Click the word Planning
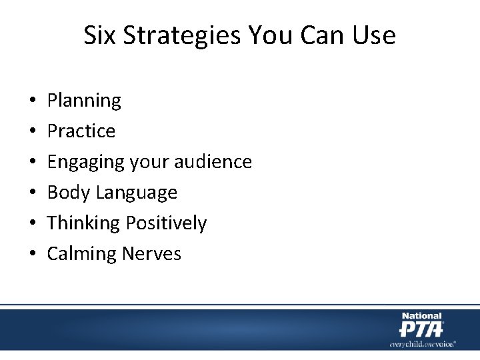(84, 101)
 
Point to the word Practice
(81, 131)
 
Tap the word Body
(69, 193)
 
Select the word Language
(137, 193)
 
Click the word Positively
(167, 223)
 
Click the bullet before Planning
(33, 101)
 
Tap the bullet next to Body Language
(33, 193)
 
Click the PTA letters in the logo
(421, 329)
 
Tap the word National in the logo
(421, 316)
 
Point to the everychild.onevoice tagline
(423, 344)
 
